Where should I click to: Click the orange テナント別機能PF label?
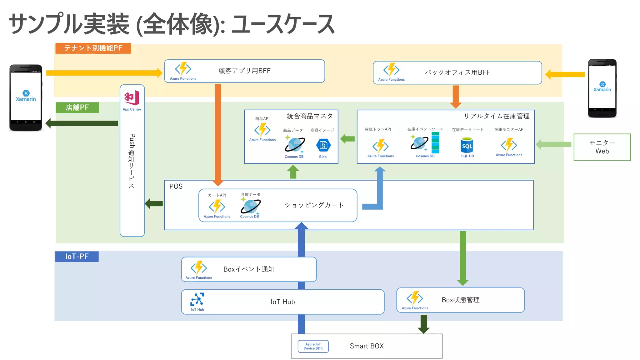pyautogui.click(x=93, y=48)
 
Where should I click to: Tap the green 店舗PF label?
pyautogui.click(x=77, y=107)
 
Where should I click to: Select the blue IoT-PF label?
pyautogui.click(x=77, y=257)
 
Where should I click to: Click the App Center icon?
pyautogui.click(x=132, y=98)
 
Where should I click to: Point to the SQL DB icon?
pyautogui.click(x=467, y=146)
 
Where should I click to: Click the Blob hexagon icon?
pyautogui.click(x=323, y=145)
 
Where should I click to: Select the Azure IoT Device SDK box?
pyautogui.click(x=313, y=346)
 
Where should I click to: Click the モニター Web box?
pyautogui.click(x=602, y=147)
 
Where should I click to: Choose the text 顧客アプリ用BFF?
pyautogui.click(x=244, y=71)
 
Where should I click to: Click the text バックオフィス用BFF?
pyautogui.click(x=457, y=72)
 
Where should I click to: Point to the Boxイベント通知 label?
pyautogui.click(x=249, y=269)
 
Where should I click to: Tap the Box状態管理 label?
pyautogui.click(x=460, y=300)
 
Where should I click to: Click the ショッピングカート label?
pyautogui.click(x=314, y=205)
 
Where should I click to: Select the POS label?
pyautogui.click(x=176, y=187)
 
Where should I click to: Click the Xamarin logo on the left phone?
pyautogui.click(x=26, y=96)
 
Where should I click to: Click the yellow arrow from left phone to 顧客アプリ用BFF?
pyautogui.click(x=103, y=73)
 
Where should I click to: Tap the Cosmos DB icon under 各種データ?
pyautogui.click(x=250, y=206)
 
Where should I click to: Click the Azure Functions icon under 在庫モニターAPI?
pyautogui.click(x=509, y=145)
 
